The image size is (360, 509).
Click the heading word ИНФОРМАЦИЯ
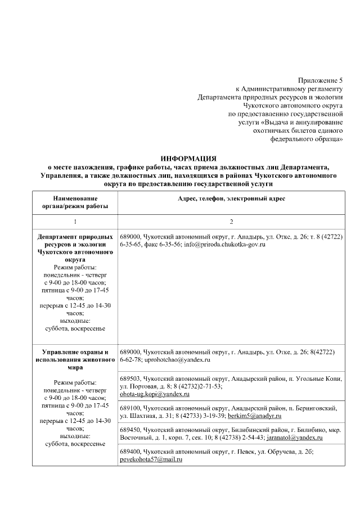pyautogui.click(x=188, y=159)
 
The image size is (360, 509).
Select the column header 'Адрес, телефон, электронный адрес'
pyautogui.click(x=231, y=199)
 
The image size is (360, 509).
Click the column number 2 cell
pyautogui.click(x=231, y=222)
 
